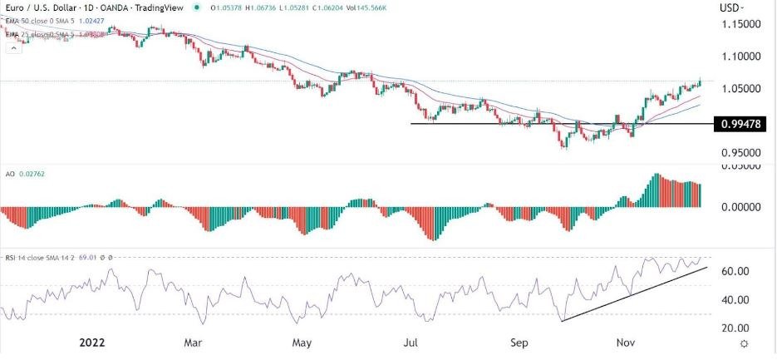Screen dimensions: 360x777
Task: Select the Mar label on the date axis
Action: pos(193,342)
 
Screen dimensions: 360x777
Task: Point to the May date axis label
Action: pos(302,342)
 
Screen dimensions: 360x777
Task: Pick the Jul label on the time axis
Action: pos(412,342)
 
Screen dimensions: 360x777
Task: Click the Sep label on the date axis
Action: pos(520,342)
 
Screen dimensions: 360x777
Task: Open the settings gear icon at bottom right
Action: pos(745,343)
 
